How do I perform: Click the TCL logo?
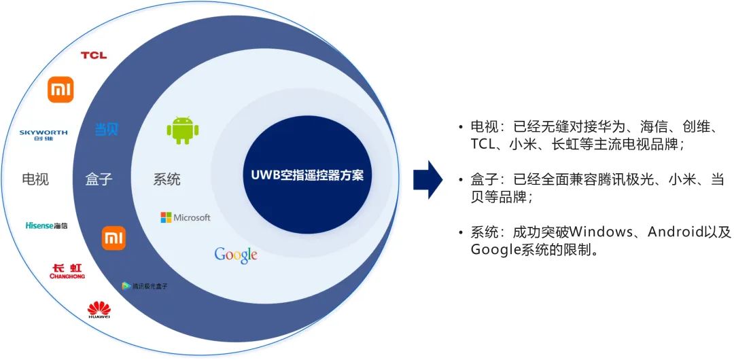(94, 55)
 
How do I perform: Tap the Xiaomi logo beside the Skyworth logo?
(60, 90)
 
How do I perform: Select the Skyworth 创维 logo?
(43, 134)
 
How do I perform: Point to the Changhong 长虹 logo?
(67, 272)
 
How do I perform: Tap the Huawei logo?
(99, 310)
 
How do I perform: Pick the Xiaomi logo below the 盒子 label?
(113, 238)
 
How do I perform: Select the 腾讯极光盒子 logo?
(144, 286)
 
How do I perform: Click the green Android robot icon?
(182, 130)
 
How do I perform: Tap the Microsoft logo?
(186, 217)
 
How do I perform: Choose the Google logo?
(236, 255)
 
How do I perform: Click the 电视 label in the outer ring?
(35, 179)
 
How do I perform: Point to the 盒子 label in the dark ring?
(99, 179)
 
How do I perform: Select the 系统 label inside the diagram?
(167, 179)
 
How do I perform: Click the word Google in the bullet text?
(495, 249)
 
